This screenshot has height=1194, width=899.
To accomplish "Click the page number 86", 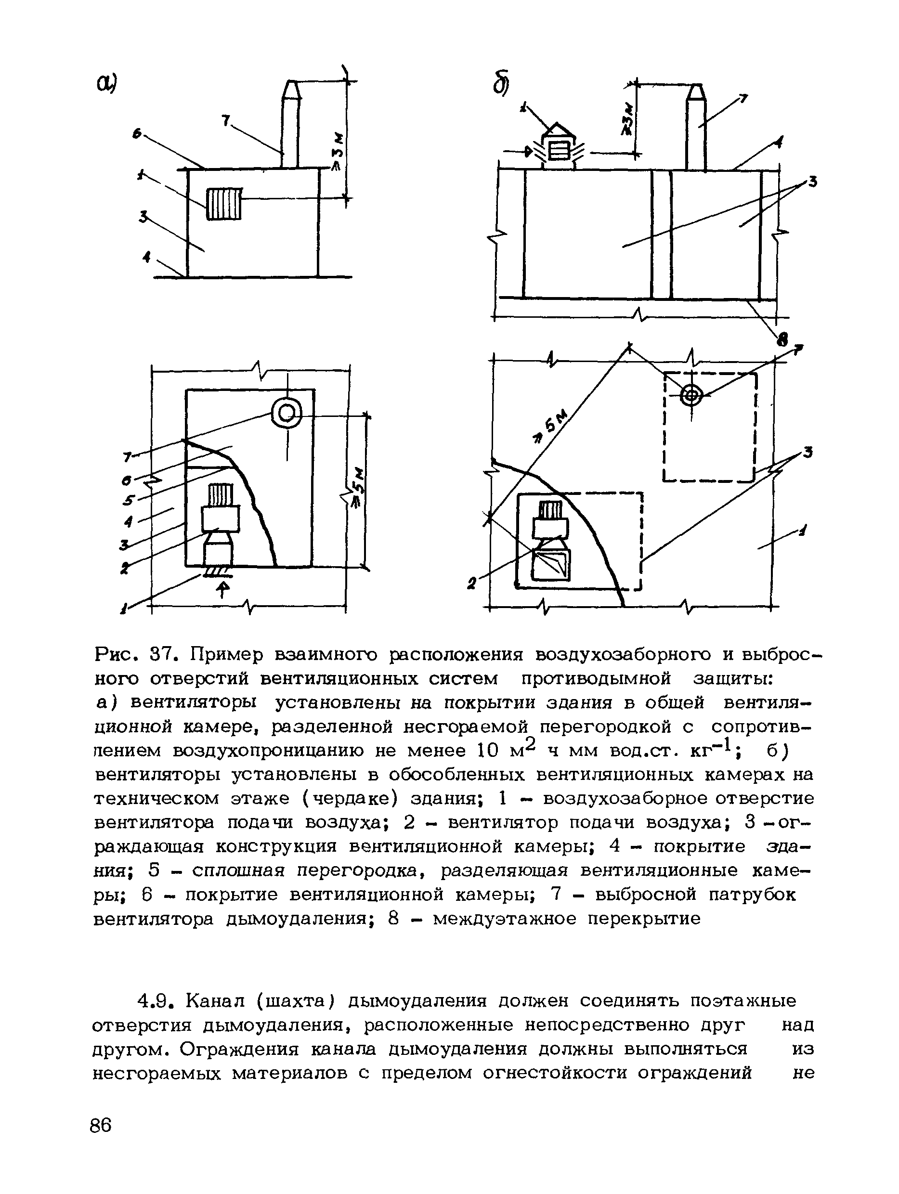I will pos(101,1126).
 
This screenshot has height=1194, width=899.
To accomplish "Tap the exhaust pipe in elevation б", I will pos(695,130).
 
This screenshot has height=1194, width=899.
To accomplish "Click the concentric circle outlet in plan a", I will pos(287,414).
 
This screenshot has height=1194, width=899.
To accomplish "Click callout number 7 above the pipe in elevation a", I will pos(225,121).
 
